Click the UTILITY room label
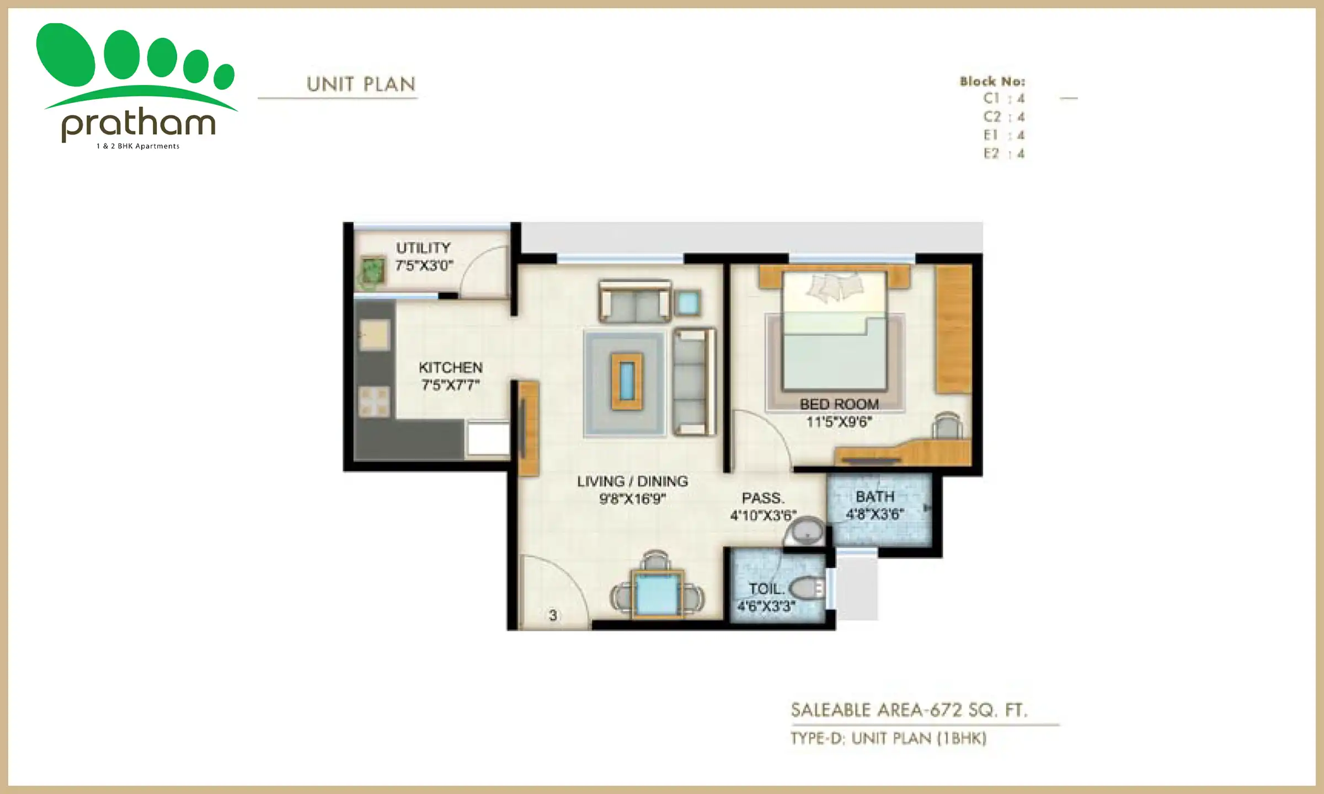[423, 248]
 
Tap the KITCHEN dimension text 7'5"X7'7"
[450, 385]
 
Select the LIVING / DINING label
[632, 481]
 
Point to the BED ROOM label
[839, 404]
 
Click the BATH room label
[874, 497]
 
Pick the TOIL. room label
[766, 589]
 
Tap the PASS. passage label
[762, 498]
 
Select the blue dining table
[656, 594]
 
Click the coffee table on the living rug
[627, 381]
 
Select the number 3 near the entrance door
[553, 615]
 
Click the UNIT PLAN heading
[361, 84]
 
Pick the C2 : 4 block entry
[1003, 117]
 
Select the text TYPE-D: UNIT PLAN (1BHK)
[888, 738]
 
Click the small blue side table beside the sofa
[687, 303]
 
